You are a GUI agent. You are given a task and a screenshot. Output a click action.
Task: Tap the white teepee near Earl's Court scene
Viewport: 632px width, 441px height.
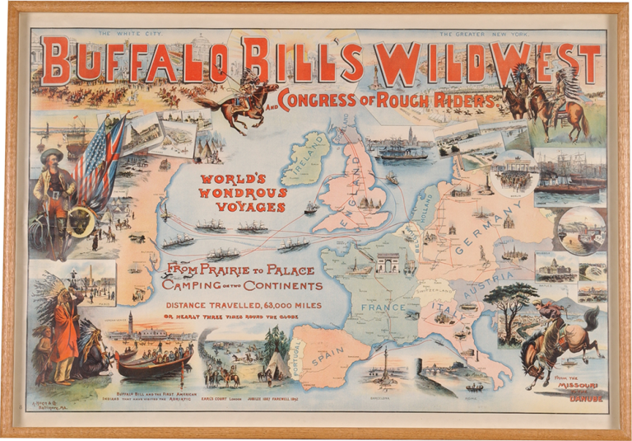click(276, 363)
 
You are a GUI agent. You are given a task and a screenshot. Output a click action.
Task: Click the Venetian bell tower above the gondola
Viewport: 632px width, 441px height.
click(129, 326)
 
